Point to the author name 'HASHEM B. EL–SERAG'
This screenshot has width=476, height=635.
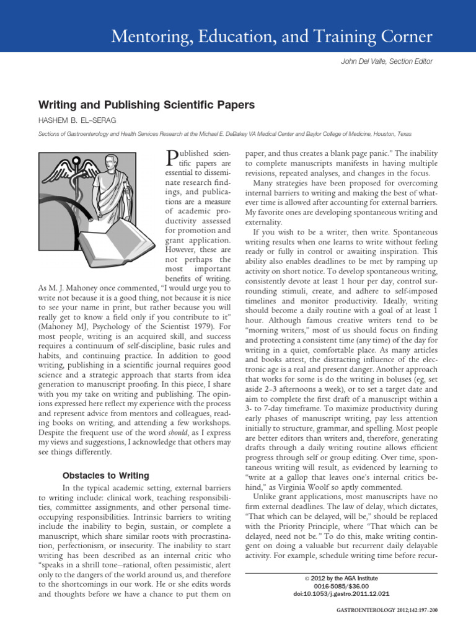coord(77,120)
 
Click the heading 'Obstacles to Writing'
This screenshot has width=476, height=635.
coord(106,476)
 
